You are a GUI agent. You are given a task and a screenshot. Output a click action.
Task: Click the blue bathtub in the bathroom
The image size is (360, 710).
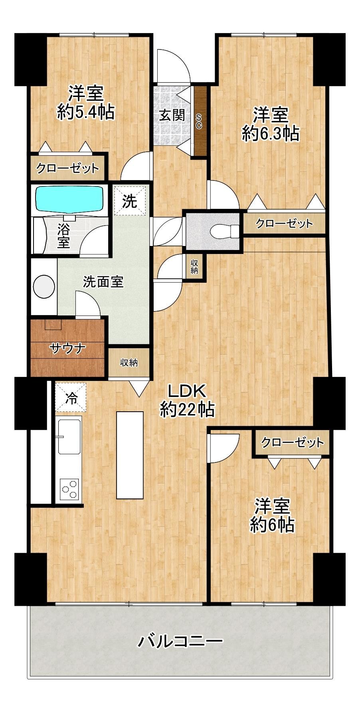coord(69,198)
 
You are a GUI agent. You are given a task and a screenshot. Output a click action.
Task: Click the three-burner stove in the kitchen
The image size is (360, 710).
coord(69,488)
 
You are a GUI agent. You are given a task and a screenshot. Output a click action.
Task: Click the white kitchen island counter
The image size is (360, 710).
coord(129,455)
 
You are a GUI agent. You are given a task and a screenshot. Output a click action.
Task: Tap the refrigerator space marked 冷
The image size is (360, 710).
coord(71,397)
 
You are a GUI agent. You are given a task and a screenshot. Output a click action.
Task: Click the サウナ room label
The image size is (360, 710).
coord(68,348)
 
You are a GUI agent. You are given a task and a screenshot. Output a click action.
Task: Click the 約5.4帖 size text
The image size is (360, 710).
coord(86,112)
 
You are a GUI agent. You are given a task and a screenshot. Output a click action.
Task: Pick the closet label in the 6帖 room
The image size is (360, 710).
coord(293,442)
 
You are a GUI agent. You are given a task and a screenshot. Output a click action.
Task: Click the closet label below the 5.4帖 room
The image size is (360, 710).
coord(67,168)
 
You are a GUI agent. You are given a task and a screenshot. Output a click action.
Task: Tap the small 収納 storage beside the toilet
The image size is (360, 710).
coord(195,267)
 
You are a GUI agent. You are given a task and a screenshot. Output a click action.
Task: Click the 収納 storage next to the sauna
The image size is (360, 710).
coord(129,363)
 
